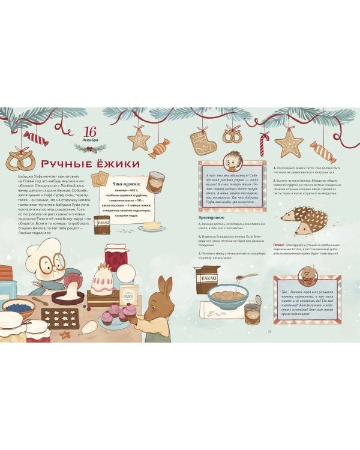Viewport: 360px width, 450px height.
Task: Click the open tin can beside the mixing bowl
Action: (252, 313)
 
